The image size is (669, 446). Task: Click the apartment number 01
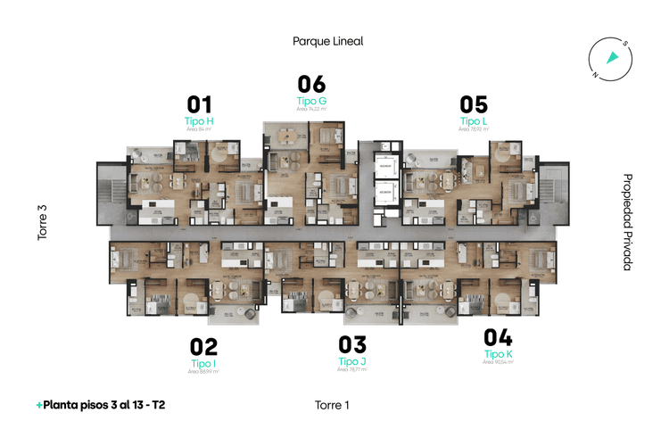[199, 104]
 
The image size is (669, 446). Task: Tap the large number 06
[311, 85]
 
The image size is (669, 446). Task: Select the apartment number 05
[474, 104]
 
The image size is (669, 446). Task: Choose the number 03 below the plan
[352, 345]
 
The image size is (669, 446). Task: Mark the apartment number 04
[498, 338]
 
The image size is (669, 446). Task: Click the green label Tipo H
[199, 120]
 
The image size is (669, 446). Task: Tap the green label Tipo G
[311, 101]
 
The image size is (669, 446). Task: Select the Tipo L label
[474, 120]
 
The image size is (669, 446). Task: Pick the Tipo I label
[203, 363]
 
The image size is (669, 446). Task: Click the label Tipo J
[352, 361]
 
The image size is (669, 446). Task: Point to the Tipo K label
[498, 354]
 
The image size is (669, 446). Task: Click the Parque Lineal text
[327, 41]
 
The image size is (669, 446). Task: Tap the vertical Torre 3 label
[42, 223]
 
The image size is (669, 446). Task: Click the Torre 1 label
[331, 405]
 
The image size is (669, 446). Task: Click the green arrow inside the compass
[612, 58]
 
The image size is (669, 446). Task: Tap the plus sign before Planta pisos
[39, 405]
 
